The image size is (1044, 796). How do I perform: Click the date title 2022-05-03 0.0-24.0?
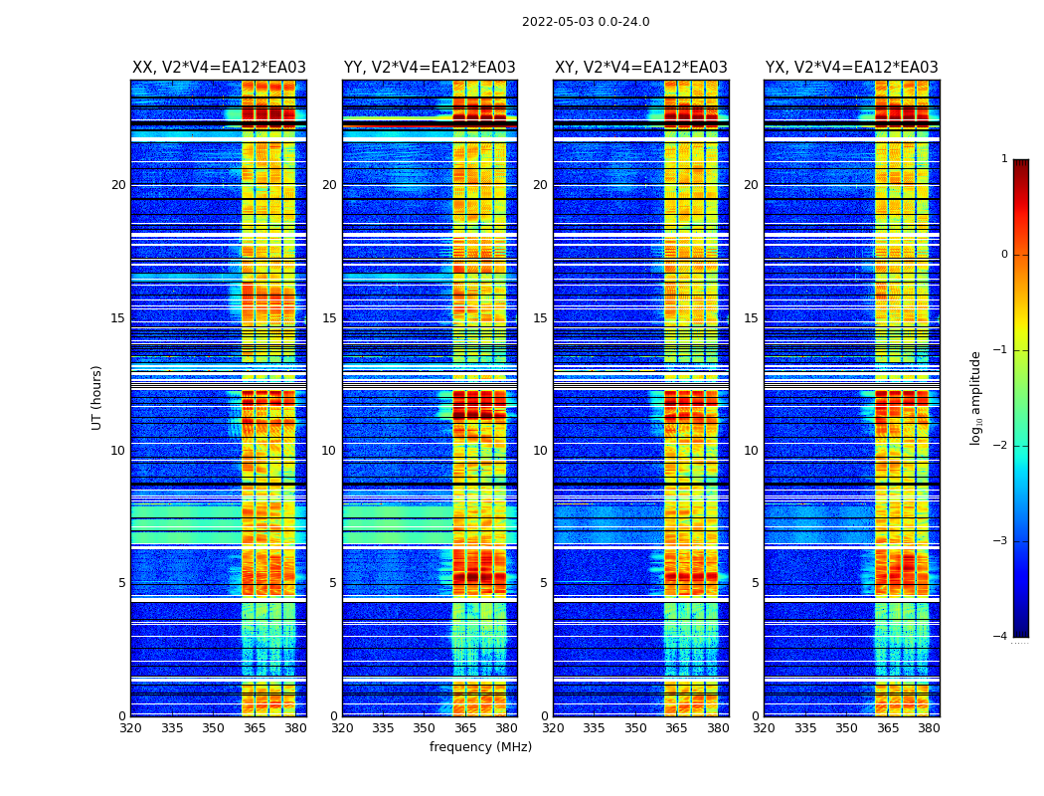pos(586,22)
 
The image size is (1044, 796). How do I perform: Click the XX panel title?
pos(219,68)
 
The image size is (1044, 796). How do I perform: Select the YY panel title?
pos(430,68)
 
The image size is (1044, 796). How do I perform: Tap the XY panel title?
pos(641,68)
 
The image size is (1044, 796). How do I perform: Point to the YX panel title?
pos(852,68)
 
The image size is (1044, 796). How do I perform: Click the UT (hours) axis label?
pos(97,397)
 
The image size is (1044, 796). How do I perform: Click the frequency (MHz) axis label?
pos(480,747)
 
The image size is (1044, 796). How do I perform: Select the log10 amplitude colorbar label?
pos(976,397)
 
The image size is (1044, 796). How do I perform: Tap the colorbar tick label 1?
pos(1004,159)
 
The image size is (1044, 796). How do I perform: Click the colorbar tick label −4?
pos(1001,637)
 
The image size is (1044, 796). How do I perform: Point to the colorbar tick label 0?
pos(1004,255)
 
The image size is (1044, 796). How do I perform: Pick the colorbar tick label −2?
pos(1001,446)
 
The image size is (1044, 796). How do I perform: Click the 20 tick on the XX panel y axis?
pos(118,185)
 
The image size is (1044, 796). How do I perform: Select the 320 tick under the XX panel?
pos(131,728)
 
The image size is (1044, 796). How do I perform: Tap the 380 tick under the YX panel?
pos(929,728)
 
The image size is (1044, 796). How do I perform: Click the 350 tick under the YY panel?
pos(425,728)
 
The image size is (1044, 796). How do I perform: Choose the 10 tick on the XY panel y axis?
pos(540,451)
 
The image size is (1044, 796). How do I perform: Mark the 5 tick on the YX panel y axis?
pos(755,583)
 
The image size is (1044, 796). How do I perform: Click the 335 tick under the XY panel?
pos(595,728)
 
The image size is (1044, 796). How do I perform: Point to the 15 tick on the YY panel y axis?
pos(329,318)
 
